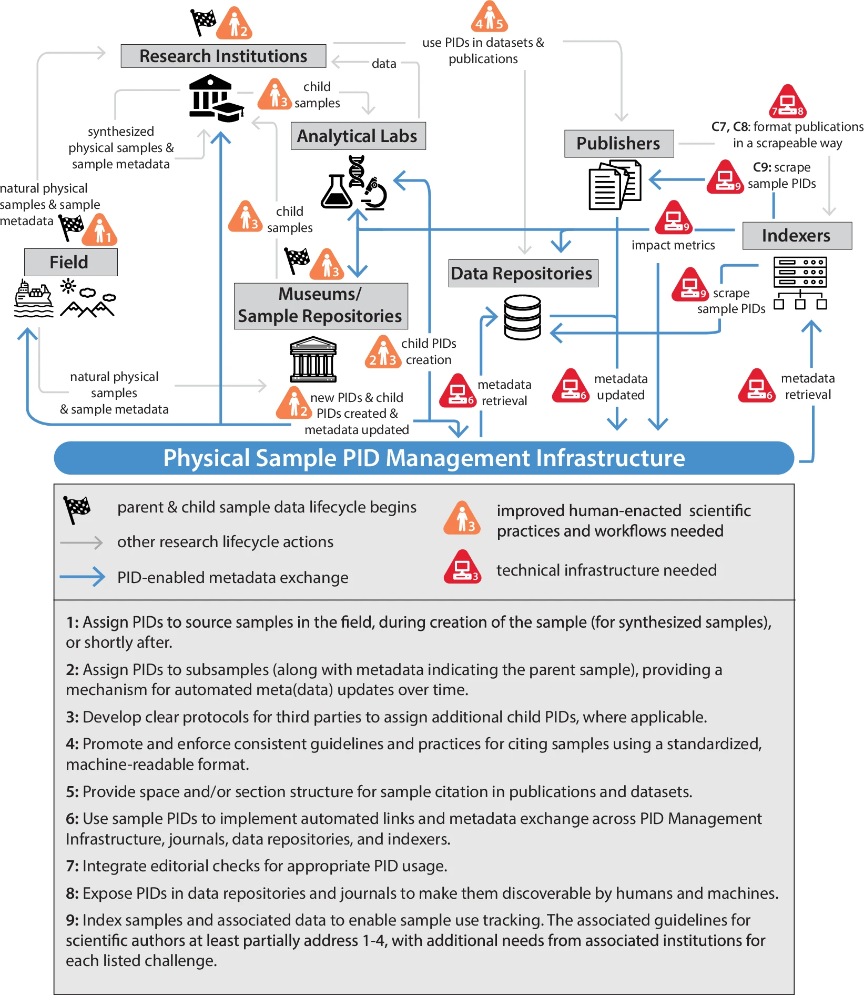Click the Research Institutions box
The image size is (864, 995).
(x=223, y=56)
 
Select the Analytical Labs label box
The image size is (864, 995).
(x=358, y=136)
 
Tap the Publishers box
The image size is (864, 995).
(x=618, y=144)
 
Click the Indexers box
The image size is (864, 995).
(x=796, y=236)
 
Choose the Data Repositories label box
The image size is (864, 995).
(x=522, y=274)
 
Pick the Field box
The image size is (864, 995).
(x=70, y=263)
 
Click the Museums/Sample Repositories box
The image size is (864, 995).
(x=320, y=306)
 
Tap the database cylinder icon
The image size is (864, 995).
(x=522, y=317)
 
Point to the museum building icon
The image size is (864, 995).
(x=313, y=359)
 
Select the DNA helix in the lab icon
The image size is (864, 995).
(x=357, y=170)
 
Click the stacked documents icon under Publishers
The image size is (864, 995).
(x=614, y=186)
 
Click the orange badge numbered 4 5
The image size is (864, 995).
(x=489, y=18)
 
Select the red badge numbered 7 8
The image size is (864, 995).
(x=787, y=102)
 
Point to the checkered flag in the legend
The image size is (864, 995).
(x=77, y=509)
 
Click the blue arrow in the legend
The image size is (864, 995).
(x=83, y=577)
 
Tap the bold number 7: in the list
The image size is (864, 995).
(x=73, y=866)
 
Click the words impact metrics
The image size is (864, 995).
(x=673, y=245)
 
